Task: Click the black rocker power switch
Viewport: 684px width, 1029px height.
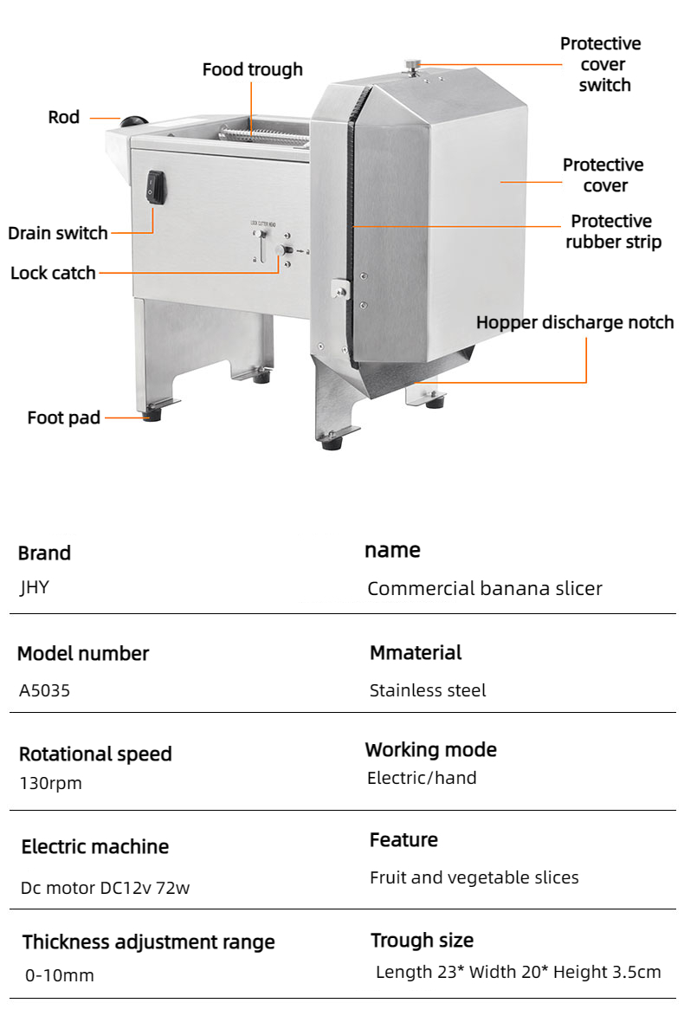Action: click(x=156, y=187)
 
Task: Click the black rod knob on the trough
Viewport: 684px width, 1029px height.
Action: click(x=134, y=122)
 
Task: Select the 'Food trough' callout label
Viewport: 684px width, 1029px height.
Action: click(x=253, y=69)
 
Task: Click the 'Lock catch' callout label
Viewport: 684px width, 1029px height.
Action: click(x=53, y=273)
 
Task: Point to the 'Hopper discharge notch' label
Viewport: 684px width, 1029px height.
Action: click(x=575, y=322)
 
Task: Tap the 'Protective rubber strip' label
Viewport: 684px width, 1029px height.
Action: click(x=613, y=231)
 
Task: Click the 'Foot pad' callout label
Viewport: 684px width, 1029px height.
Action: click(x=63, y=417)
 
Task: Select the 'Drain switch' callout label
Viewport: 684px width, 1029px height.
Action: click(x=58, y=233)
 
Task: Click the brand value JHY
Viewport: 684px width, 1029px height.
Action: click(x=34, y=587)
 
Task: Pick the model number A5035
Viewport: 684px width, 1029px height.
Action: click(x=45, y=690)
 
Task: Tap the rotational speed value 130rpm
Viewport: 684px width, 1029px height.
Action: click(x=51, y=784)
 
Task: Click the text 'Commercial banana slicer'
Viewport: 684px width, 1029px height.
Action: click(x=485, y=589)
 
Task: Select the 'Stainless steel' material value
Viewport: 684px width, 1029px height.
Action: click(x=428, y=690)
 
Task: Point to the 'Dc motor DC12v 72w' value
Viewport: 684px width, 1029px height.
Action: click(x=106, y=888)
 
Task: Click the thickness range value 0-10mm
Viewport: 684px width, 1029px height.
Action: click(x=60, y=976)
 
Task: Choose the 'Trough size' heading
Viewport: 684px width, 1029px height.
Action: click(x=423, y=941)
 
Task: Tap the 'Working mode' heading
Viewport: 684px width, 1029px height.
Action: click(x=431, y=749)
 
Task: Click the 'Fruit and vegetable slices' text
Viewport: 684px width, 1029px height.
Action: click(x=474, y=877)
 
